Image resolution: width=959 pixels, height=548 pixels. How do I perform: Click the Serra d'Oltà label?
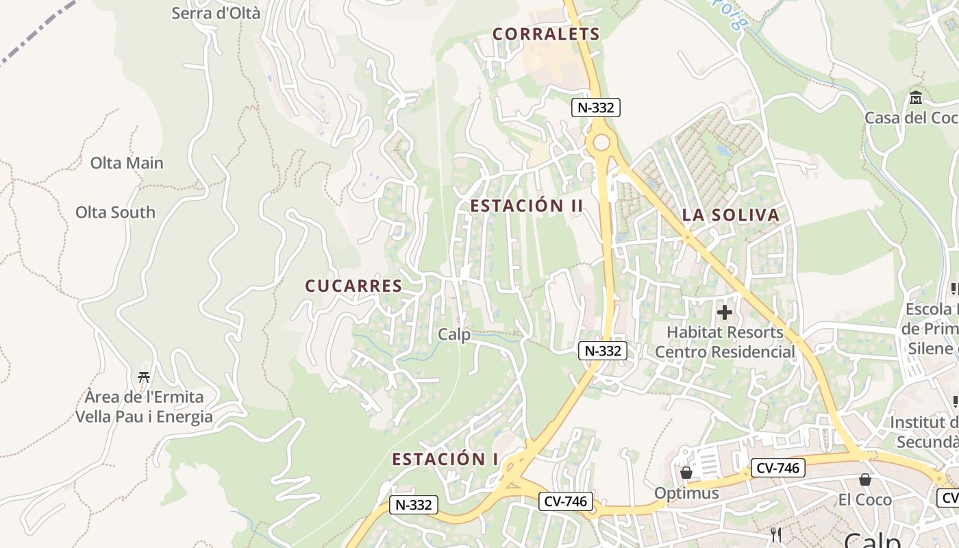pyautogui.click(x=216, y=12)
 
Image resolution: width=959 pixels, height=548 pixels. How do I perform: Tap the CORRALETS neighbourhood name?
pyautogui.click(x=546, y=34)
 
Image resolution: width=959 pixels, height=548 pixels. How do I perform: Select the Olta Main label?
pyautogui.click(x=127, y=163)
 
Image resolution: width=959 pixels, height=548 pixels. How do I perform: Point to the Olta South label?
pyautogui.click(x=115, y=212)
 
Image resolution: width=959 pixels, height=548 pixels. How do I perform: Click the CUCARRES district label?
pyautogui.click(x=353, y=286)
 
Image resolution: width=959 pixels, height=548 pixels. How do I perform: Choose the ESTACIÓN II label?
pyautogui.click(x=526, y=206)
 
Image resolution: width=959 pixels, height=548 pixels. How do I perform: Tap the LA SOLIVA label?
pyautogui.click(x=731, y=215)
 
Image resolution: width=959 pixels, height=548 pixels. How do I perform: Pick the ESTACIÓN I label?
pyautogui.click(x=445, y=459)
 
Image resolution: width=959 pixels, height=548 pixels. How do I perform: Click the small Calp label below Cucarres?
pyautogui.click(x=454, y=335)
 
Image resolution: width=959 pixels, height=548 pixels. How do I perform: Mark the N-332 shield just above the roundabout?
pyautogui.click(x=596, y=107)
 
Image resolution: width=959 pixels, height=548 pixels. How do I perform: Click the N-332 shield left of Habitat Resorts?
pyautogui.click(x=603, y=351)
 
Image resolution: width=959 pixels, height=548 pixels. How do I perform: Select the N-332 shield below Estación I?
pyautogui.click(x=414, y=505)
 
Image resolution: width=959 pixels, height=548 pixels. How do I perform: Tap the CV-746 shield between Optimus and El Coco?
pyautogui.click(x=777, y=469)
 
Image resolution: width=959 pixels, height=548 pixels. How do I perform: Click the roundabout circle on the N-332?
pyautogui.click(x=601, y=142)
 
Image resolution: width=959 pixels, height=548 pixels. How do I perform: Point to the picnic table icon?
pyautogui.click(x=144, y=377)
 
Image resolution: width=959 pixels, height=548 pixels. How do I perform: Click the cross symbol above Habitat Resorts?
pyautogui.click(x=724, y=313)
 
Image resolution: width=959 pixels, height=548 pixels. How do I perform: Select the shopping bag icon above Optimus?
pyautogui.click(x=686, y=473)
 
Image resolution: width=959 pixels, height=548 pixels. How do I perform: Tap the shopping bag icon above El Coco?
pyautogui.click(x=865, y=480)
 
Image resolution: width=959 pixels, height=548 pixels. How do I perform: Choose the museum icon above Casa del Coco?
pyautogui.click(x=916, y=98)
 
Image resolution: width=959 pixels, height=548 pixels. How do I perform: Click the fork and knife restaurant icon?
pyautogui.click(x=776, y=535)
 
